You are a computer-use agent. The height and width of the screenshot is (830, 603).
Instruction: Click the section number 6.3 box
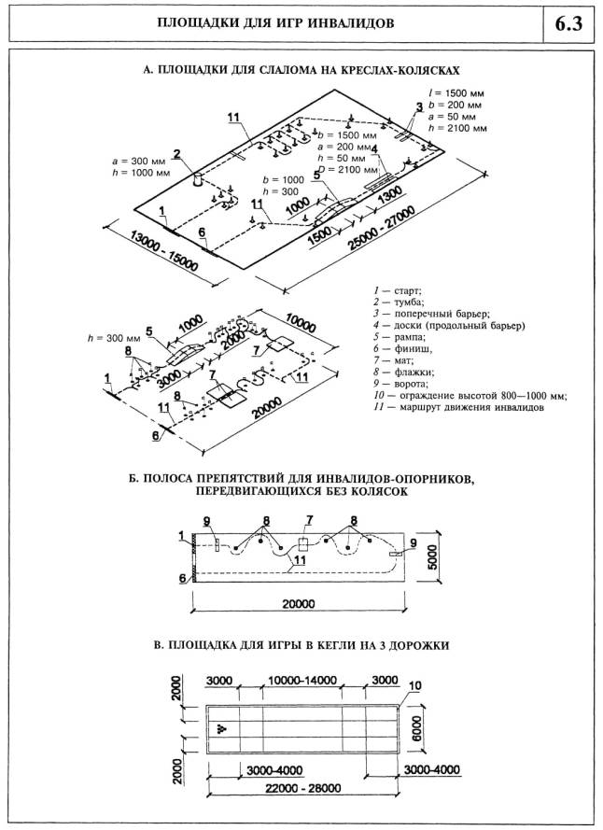click(568, 23)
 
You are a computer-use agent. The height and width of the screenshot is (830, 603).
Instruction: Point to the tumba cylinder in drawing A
click(199, 179)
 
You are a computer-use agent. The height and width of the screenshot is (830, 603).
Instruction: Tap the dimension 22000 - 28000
click(300, 787)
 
